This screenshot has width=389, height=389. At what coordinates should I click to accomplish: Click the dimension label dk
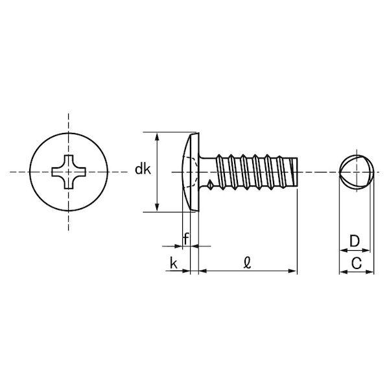click(143, 169)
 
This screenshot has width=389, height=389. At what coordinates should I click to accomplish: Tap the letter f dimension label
click(186, 239)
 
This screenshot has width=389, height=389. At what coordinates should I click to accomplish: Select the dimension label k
click(174, 263)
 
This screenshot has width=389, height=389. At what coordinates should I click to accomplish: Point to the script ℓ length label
click(248, 263)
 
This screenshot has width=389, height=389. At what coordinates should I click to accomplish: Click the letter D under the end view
click(355, 241)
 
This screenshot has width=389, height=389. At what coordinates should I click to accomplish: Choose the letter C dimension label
click(357, 263)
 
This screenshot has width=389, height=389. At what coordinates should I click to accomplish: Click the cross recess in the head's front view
click(69, 172)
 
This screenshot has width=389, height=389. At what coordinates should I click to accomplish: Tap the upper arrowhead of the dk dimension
click(157, 137)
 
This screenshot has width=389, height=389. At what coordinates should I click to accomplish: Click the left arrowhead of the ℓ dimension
click(203, 271)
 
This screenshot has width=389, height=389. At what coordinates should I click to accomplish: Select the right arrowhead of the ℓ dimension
click(293, 271)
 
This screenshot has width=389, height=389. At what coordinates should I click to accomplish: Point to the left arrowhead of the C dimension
click(343, 272)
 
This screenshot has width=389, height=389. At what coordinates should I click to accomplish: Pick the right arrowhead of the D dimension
click(366, 250)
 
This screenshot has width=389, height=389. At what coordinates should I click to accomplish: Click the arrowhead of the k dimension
click(186, 271)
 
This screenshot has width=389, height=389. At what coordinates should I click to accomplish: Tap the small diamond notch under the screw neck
click(210, 184)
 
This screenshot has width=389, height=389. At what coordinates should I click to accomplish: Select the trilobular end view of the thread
click(357, 172)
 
